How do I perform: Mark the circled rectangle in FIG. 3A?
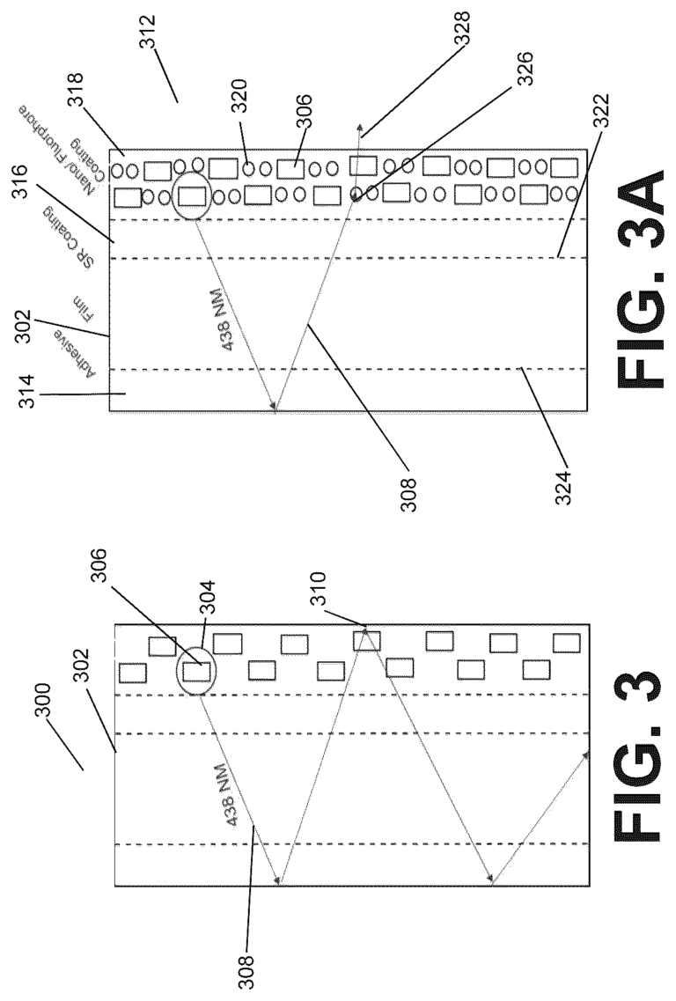click(192, 195)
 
